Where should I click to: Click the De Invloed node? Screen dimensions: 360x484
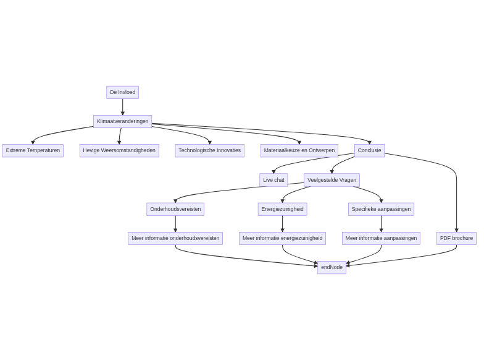pyautogui.click(x=122, y=92)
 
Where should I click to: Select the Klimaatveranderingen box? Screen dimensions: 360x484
pyautogui.click(x=122, y=121)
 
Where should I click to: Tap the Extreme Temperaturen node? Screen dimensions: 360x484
pyautogui.click(x=33, y=150)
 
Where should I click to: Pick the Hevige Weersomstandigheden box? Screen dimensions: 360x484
pyautogui.click(x=119, y=150)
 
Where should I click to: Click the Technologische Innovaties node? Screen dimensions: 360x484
pyautogui.click(x=209, y=150)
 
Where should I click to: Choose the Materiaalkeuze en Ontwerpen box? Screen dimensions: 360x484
pyautogui.click(x=299, y=150)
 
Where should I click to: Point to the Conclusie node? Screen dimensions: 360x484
pyautogui.click(x=369, y=150)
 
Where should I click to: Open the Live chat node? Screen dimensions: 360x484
pyautogui.click(x=273, y=180)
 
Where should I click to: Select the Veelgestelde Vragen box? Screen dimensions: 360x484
pyautogui.click(x=332, y=180)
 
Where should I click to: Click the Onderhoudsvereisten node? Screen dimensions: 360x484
pyautogui.click(x=175, y=209)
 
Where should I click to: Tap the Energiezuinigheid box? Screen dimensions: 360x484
pyautogui.click(x=282, y=209)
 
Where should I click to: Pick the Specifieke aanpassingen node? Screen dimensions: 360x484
pyautogui.click(x=381, y=209)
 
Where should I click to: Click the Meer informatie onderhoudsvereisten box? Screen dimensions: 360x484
pyautogui.click(x=175, y=238)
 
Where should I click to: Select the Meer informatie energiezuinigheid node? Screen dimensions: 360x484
pyautogui.click(x=282, y=238)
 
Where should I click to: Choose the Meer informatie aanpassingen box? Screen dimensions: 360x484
pyautogui.click(x=381, y=238)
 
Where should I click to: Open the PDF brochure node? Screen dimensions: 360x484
pyautogui.click(x=456, y=238)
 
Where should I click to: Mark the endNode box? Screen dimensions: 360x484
pyautogui.click(x=332, y=267)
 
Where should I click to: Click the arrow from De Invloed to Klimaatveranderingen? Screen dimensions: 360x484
pyautogui.click(x=122, y=107)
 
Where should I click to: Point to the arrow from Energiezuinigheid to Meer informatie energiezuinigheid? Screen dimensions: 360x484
pyautogui.click(x=282, y=223)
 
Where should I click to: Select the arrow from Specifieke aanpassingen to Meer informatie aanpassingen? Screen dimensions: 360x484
pyautogui.click(x=381, y=223)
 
